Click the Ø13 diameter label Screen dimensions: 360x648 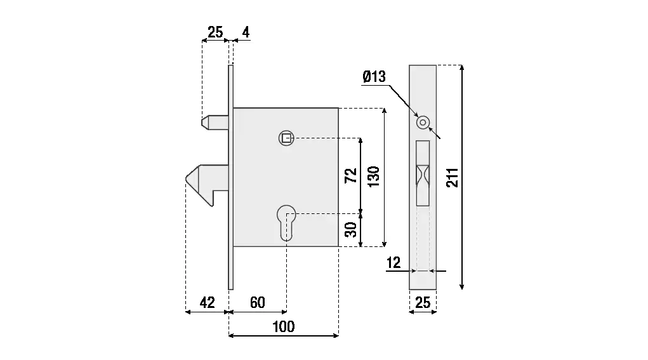pos(374,77)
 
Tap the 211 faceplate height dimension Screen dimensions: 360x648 pos(452,178)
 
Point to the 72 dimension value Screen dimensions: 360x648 pos(350,176)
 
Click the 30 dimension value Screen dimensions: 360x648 pos(350,229)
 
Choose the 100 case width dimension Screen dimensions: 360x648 pos(283,326)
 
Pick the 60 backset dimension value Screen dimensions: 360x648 pos(257,302)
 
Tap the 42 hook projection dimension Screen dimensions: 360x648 pos(207,302)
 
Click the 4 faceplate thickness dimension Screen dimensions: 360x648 pos(244,31)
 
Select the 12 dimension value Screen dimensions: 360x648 pos(393,262)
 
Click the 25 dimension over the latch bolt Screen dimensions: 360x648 pos(216,31)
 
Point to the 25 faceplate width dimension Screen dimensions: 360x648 pos(422,303)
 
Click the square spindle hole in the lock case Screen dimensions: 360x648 pos(287,138)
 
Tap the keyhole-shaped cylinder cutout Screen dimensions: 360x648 pos(286,223)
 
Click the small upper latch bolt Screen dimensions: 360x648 pos(214,121)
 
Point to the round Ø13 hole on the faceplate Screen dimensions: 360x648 pos(423,121)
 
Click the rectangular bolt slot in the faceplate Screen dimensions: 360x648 pos(423,173)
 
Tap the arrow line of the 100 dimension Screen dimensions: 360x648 pos(283,335)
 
